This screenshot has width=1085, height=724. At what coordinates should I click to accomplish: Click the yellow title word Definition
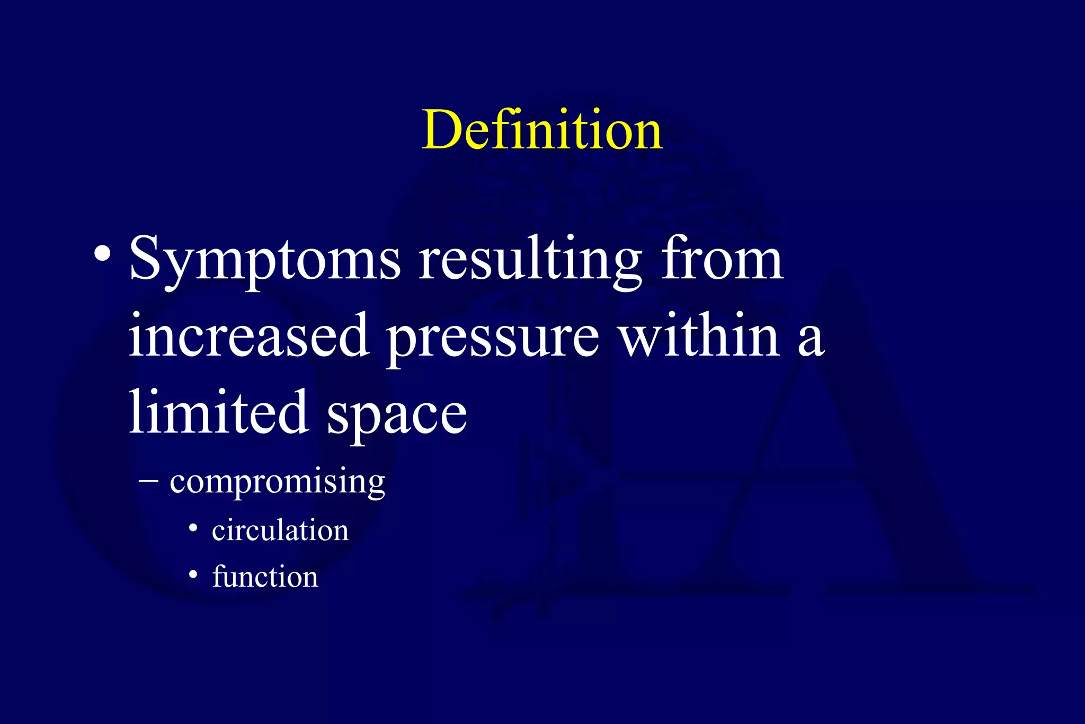click(542, 130)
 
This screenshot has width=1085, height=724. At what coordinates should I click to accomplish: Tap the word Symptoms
click(265, 260)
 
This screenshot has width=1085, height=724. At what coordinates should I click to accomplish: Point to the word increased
click(248, 335)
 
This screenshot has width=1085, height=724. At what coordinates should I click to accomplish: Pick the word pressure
click(493, 339)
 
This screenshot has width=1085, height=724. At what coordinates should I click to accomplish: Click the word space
click(397, 417)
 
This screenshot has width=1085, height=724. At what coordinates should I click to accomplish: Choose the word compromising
click(277, 482)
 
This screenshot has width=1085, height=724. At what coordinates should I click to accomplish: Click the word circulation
click(280, 530)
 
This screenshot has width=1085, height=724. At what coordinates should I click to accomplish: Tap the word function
click(265, 576)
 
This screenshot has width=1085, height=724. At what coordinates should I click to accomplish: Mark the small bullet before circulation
click(193, 528)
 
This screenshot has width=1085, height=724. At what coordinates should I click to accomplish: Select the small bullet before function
click(193, 575)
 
